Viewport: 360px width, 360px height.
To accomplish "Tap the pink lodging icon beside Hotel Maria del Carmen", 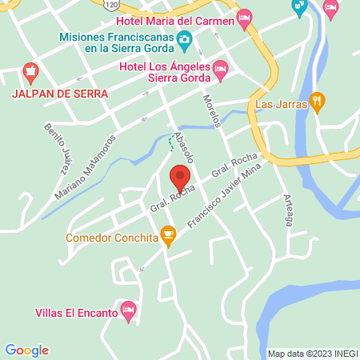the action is (245, 17).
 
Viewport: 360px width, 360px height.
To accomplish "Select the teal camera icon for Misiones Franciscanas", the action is (184, 38).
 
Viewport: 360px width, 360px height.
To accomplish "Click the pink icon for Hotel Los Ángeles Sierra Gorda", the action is (221, 74).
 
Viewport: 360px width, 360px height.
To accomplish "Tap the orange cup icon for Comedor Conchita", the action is (167, 234).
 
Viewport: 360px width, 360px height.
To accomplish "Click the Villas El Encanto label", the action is (76, 314).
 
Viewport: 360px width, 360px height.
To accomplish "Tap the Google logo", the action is (26, 350).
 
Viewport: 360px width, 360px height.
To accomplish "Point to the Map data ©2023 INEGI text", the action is (311, 353).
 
